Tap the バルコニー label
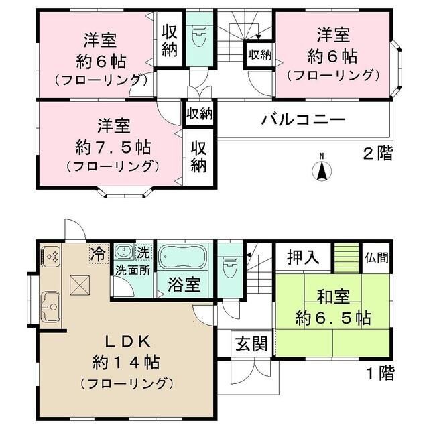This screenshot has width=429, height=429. [x=303, y=121]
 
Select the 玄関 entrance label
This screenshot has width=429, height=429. [x=251, y=344]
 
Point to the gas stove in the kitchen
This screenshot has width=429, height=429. [x=52, y=256]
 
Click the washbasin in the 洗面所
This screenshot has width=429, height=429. [x=124, y=253]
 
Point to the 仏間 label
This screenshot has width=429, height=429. [x=377, y=257]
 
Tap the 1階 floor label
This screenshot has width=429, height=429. [x=379, y=371]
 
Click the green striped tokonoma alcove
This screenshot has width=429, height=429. [x=347, y=257]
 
